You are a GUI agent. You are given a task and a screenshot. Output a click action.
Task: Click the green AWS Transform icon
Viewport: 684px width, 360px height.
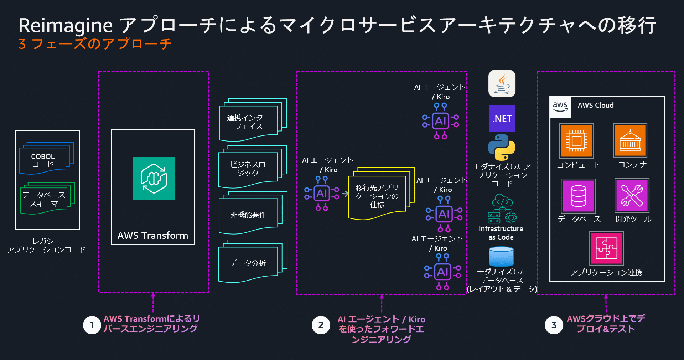pyautogui.click(x=154, y=178)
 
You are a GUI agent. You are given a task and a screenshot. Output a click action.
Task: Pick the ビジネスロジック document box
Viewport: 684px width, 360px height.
pyautogui.click(x=248, y=168)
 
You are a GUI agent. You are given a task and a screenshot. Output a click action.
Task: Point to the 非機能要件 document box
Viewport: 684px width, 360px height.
pyautogui.click(x=249, y=215)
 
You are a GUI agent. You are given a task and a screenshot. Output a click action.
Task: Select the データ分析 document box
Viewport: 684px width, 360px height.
pyautogui.click(x=248, y=263)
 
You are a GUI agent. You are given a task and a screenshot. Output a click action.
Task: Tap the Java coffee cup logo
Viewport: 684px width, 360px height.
pyautogui.click(x=502, y=83)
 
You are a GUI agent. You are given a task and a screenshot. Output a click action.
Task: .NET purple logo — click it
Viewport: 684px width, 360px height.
pyautogui.click(x=502, y=118)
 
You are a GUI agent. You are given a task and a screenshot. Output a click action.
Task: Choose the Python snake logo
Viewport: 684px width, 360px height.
pyautogui.click(x=501, y=147)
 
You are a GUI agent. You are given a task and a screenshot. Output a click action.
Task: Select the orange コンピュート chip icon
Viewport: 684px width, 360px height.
pyautogui.click(x=576, y=141)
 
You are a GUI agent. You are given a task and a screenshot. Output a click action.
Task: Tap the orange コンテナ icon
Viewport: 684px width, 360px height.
pyautogui.click(x=630, y=141)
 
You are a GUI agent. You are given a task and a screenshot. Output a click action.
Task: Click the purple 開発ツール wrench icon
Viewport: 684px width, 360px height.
pyautogui.click(x=632, y=196)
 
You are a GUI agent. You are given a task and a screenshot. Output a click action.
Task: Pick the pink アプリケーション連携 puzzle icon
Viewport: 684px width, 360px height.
pyautogui.click(x=606, y=248)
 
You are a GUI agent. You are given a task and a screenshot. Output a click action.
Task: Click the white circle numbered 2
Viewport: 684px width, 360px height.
pyautogui.click(x=321, y=325)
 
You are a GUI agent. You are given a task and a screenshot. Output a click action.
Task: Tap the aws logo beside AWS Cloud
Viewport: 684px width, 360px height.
pyautogui.click(x=560, y=106)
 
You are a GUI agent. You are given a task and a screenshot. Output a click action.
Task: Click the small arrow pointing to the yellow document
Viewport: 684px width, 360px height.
pyautogui.click(x=345, y=194)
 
